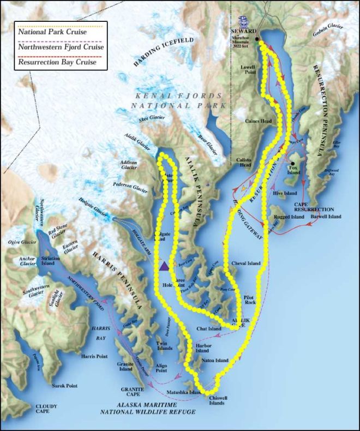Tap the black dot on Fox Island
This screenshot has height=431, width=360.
coord(293,163)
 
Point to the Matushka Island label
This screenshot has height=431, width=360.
coord(177,391)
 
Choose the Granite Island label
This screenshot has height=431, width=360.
coord(125,367)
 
